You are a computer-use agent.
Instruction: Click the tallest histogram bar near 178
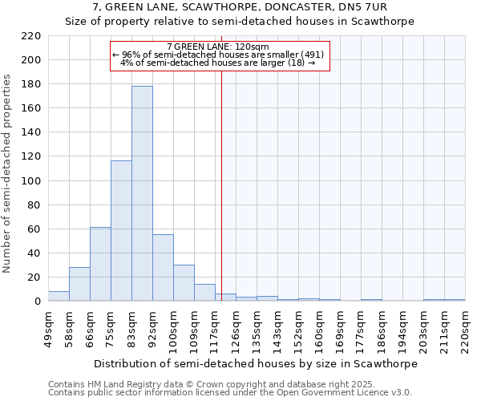tap(142, 193)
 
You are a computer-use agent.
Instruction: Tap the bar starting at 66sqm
tap(100, 264)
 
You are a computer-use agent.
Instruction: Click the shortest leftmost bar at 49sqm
tap(59, 296)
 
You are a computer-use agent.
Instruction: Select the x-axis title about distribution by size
tap(256, 363)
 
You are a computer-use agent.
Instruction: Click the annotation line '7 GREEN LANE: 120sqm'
tap(218, 47)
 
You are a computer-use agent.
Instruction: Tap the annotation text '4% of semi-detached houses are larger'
tap(216, 63)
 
